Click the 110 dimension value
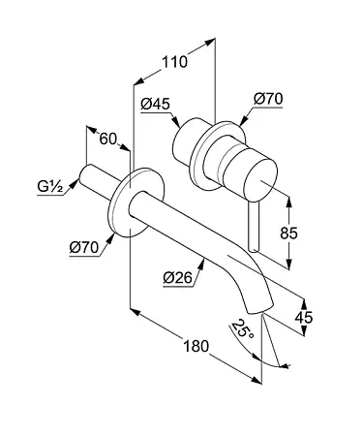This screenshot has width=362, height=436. (174, 62)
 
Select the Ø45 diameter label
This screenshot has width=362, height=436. (155, 104)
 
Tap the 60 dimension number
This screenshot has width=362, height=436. (107, 140)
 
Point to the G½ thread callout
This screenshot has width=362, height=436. (50, 187)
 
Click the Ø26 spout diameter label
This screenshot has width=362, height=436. (177, 277)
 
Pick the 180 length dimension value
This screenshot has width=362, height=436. (196, 347)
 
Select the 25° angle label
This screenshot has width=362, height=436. (243, 328)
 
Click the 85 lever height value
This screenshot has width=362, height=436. (288, 233)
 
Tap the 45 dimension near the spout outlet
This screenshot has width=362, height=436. (304, 318)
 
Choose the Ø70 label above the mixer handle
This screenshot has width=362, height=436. (268, 99)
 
